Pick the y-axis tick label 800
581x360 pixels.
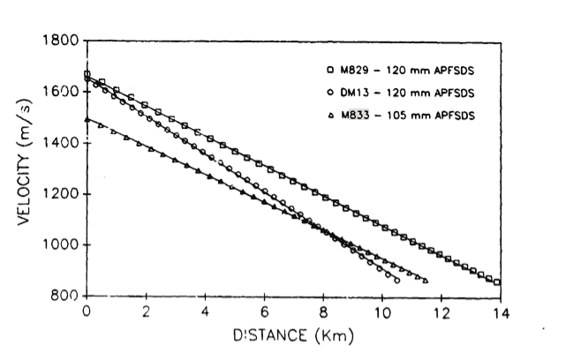pos(65,296)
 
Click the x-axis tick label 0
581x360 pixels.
pos(87,311)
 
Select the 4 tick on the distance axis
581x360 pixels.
pos(205,311)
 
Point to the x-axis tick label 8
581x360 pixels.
pos(324,311)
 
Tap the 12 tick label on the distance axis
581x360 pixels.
pos(441,311)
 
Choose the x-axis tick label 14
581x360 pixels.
pos(501,311)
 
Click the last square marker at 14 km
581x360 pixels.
pos(498,282)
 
